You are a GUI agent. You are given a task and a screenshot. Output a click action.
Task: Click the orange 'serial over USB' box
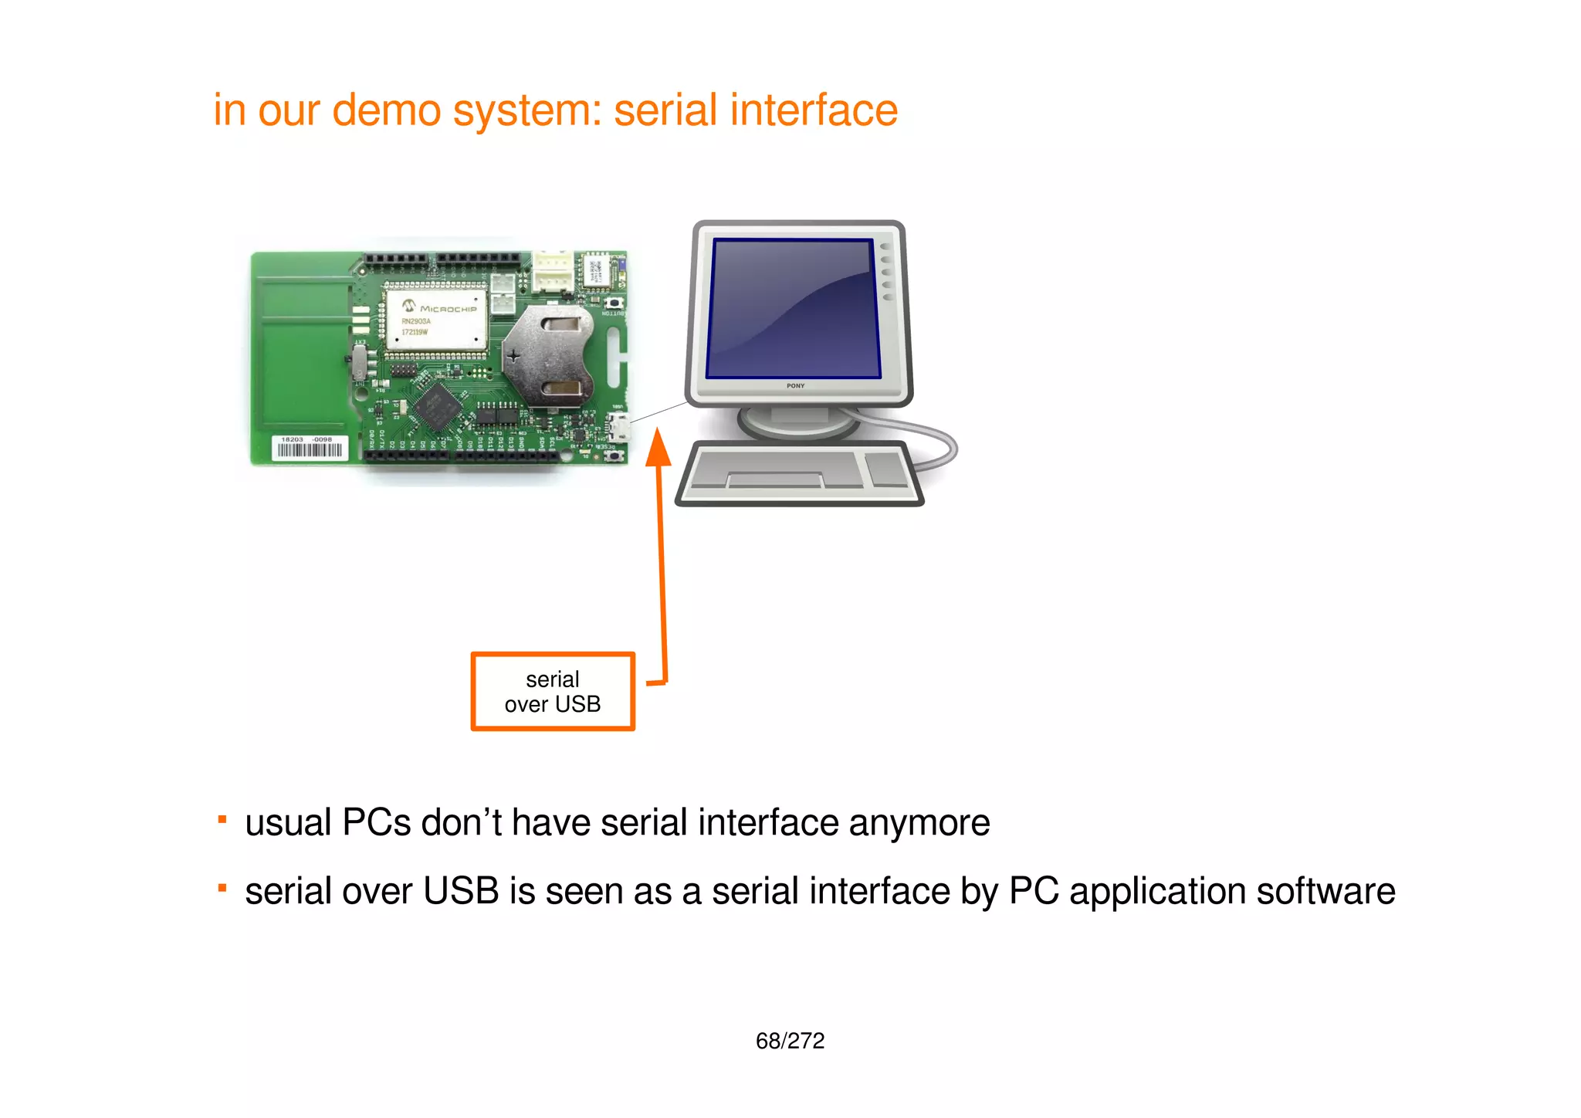pyautogui.click(x=553, y=692)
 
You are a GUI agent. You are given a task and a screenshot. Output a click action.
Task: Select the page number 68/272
pyautogui.click(x=790, y=1041)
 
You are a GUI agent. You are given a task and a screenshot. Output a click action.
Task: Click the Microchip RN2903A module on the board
pyautogui.click(x=436, y=318)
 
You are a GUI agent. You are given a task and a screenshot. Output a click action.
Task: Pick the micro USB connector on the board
pyautogui.click(x=618, y=426)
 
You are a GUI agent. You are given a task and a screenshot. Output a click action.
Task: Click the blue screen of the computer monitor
pyautogui.click(x=794, y=308)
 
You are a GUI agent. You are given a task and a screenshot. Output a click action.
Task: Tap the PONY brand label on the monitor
pyautogui.click(x=795, y=385)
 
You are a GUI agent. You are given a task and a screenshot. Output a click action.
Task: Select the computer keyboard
pyautogui.click(x=800, y=473)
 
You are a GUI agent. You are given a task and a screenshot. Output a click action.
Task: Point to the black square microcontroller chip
pyautogui.click(x=438, y=407)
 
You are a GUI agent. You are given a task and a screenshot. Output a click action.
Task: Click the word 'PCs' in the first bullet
pyautogui.click(x=376, y=822)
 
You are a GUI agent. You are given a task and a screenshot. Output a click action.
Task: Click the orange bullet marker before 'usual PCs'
pyautogui.click(x=222, y=819)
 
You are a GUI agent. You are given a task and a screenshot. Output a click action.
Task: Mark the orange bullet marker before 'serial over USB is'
pyautogui.click(x=222, y=888)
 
